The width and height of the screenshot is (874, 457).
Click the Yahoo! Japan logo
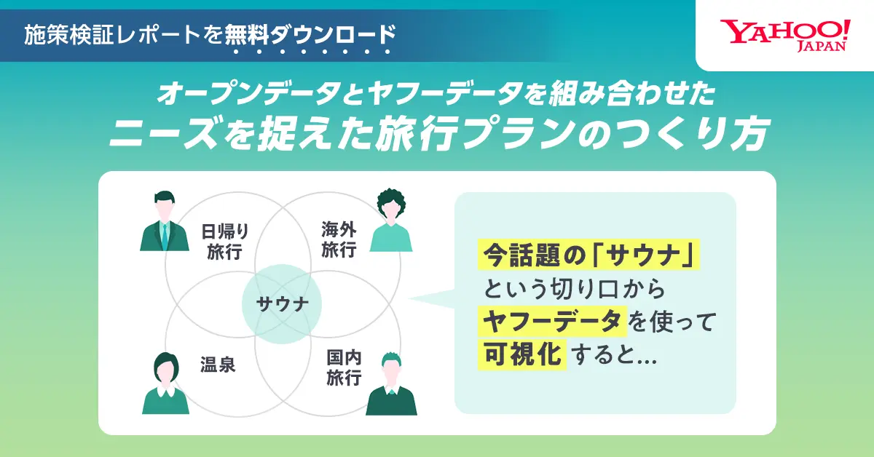click(x=785, y=36)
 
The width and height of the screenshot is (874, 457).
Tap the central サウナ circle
click(x=282, y=304)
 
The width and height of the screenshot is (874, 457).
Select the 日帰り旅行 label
click(x=225, y=242)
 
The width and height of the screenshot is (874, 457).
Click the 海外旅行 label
click(x=339, y=239)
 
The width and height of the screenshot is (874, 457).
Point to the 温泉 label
click(x=218, y=365)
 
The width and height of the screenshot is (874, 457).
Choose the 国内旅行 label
click(x=344, y=367)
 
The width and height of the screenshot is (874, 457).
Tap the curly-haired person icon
click(x=391, y=220)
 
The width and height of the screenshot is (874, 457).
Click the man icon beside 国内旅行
click(x=391, y=384)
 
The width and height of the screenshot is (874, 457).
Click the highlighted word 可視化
click(x=522, y=354)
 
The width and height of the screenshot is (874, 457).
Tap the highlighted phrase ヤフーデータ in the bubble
click(x=552, y=322)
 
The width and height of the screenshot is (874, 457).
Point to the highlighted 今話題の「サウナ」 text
click(x=588, y=255)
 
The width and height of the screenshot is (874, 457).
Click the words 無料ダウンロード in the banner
click(x=310, y=35)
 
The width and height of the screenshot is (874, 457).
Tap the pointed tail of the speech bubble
click(x=409, y=298)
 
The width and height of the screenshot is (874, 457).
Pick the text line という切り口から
click(x=575, y=289)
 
